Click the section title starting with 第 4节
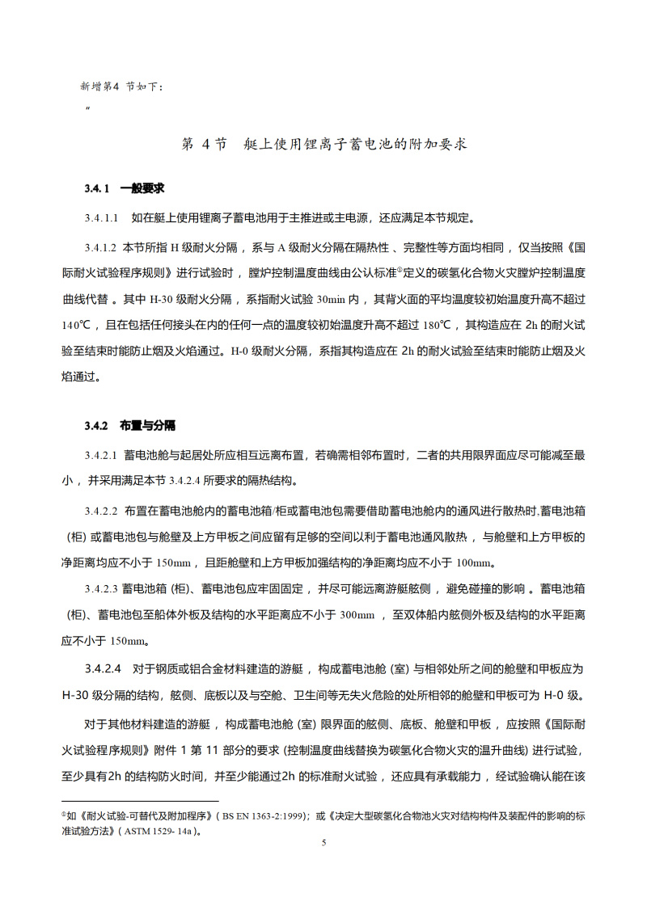(323, 145)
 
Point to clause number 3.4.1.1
(101, 217)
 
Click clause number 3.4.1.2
(101, 246)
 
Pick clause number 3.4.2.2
(101, 512)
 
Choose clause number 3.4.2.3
(101, 588)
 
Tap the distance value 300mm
(357, 616)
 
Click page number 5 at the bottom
(323, 843)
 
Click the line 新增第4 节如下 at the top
(121, 85)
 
